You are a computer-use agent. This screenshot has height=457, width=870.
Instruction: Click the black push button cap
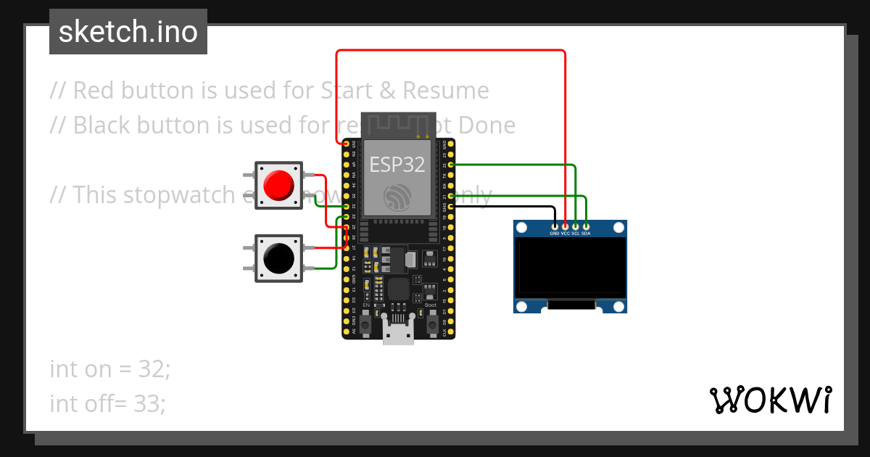pyautogui.click(x=279, y=258)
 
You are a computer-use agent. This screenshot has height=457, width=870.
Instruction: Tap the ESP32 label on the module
pyautogui.click(x=397, y=164)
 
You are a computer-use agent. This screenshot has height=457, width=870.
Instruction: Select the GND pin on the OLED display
pyautogui.click(x=555, y=227)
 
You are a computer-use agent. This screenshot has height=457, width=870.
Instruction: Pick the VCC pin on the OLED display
pyautogui.click(x=565, y=227)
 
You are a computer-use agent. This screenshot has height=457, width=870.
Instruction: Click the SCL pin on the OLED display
pyautogui.click(x=576, y=227)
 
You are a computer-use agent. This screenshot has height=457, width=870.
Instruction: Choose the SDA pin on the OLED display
pyautogui.click(x=586, y=227)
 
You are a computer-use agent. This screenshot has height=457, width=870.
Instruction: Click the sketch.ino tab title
pyautogui.click(x=128, y=32)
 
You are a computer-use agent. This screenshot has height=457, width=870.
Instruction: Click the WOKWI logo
pyautogui.click(x=770, y=400)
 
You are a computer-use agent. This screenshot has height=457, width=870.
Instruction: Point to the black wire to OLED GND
pyautogui.click(x=507, y=207)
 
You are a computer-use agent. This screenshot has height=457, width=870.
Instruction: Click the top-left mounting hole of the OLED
pyautogui.click(x=522, y=228)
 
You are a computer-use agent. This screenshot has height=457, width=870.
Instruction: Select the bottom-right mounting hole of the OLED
pyautogui.click(x=618, y=305)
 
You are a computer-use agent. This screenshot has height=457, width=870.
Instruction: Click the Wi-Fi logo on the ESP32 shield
pyautogui.click(x=398, y=197)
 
